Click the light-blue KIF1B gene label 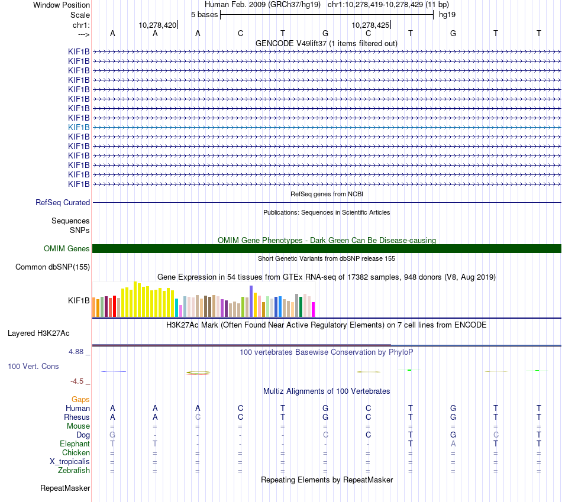pos(79,127)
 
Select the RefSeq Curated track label pos(63,203)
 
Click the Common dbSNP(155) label pos(53,267)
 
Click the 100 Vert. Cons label pos(33,367)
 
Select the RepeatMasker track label pos(65,488)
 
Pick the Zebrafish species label pos(74,471)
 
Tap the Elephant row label pos(75,444)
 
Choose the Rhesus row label pos(77,417)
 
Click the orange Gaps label pos(80,400)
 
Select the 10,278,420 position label pos(157,25)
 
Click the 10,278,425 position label pos(370,25)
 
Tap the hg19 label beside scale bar pos(447,14)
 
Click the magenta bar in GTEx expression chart pos(314,310)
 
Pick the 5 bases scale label pos(204,14)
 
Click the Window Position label pos(62,5)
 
